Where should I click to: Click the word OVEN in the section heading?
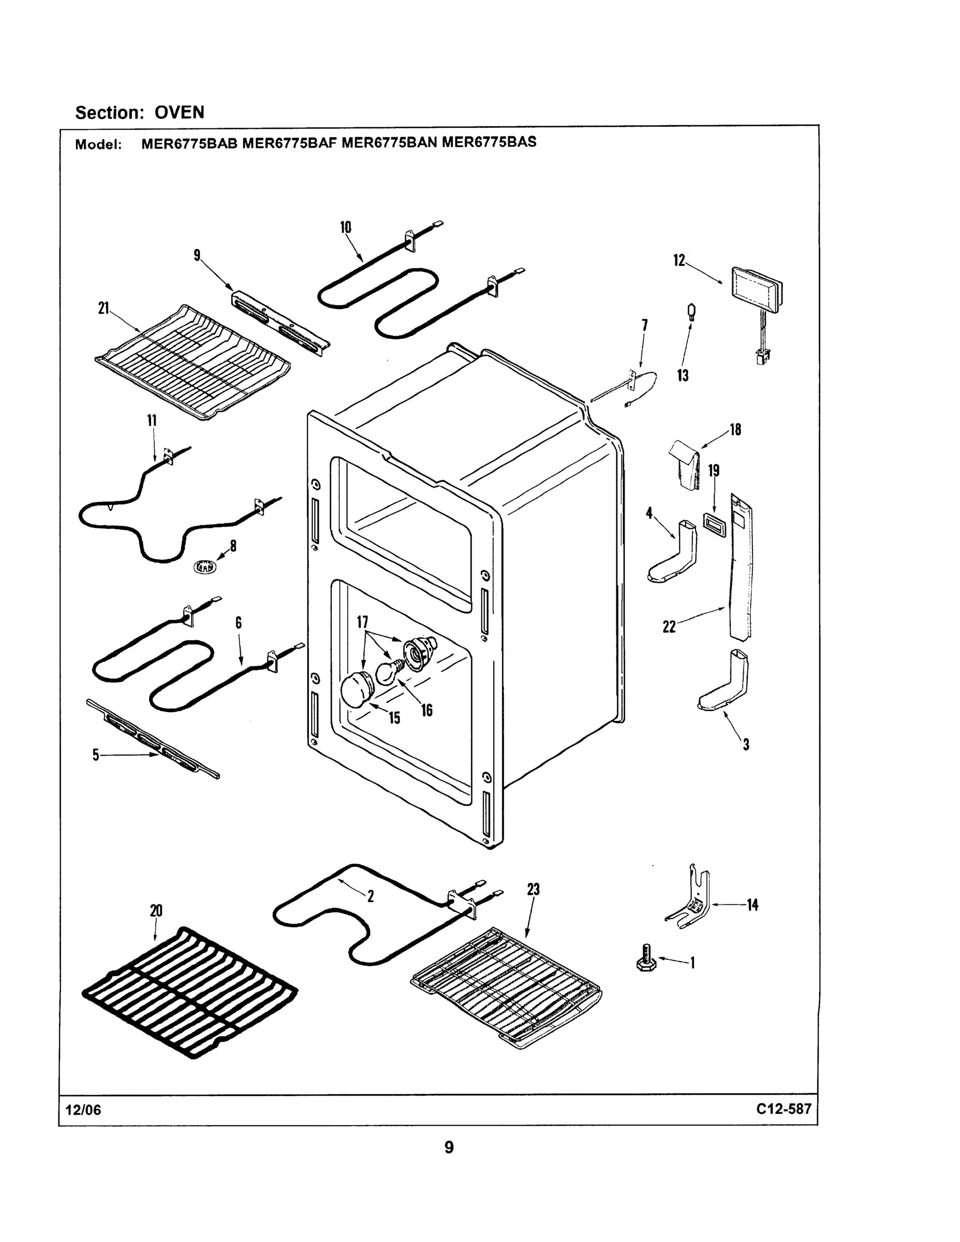pyautogui.click(x=179, y=113)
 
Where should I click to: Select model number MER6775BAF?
pyautogui.click(x=289, y=143)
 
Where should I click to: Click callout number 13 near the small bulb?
pyautogui.click(x=683, y=375)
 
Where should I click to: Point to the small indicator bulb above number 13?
pyautogui.click(x=692, y=313)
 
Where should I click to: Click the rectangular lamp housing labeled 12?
pyautogui.click(x=757, y=295)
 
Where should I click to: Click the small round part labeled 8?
pyautogui.click(x=205, y=567)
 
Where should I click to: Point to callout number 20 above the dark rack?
pyautogui.click(x=156, y=910)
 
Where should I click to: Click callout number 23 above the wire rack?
pyautogui.click(x=533, y=890)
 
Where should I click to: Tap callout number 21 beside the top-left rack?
pyautogui.click(x=104, y=309)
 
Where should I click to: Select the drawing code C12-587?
pyautogui.click(x=783, y=1109)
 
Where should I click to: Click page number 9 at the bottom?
pyautogui.click(x=449, y=1148)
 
